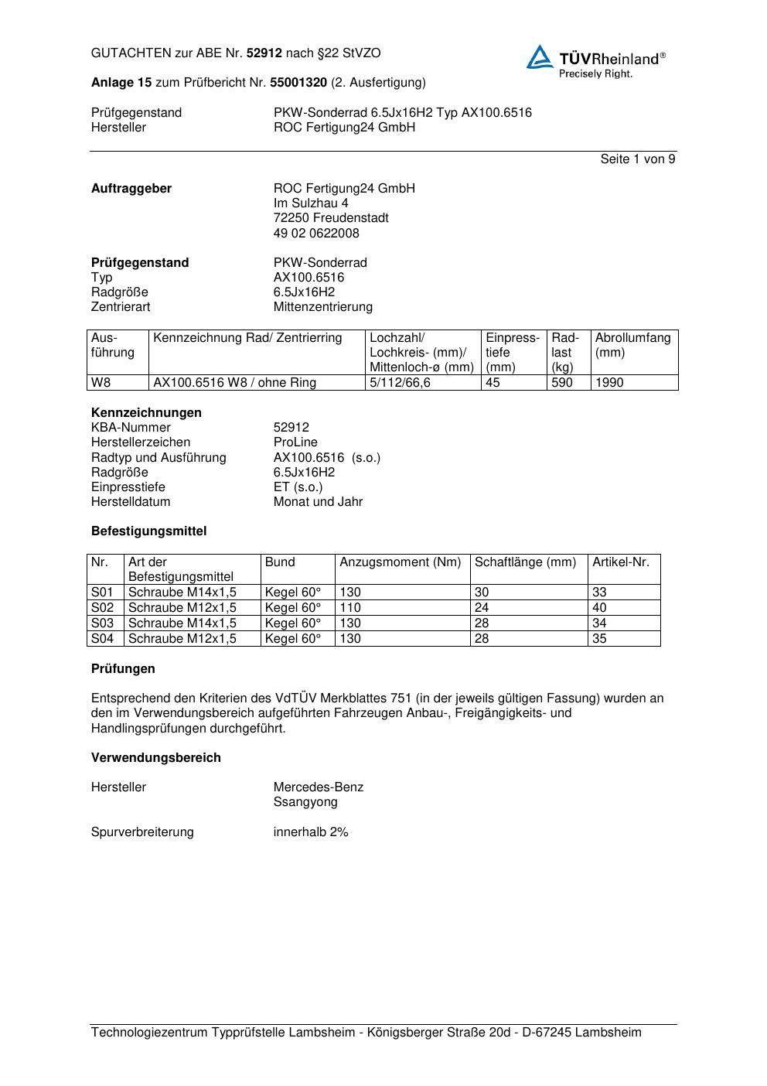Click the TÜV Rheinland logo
tap(595, 61)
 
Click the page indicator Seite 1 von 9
tap(637, 159)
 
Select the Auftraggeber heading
tap(131, 189)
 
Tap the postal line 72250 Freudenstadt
tap(331, 218)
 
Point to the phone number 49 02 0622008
tap(316, 233)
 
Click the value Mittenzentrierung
tap(322, 307)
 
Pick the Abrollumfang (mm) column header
tap(632, 345)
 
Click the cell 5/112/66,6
tap(401, 383)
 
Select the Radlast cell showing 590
tap(562, 383)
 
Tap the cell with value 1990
tap(609, 383)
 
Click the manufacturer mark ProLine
tap(295, 442)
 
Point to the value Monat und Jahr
tap(318, 502)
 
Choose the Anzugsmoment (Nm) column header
tap(400, 562)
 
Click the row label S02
tap(102, 608)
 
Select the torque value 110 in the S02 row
tap(350, 608)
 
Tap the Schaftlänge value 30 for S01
tap(482, 593)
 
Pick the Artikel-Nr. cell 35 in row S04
tap(599, 639)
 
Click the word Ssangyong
tap(305, 802)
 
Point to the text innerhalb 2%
tap(311, 832)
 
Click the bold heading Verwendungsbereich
tap(156, 758)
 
